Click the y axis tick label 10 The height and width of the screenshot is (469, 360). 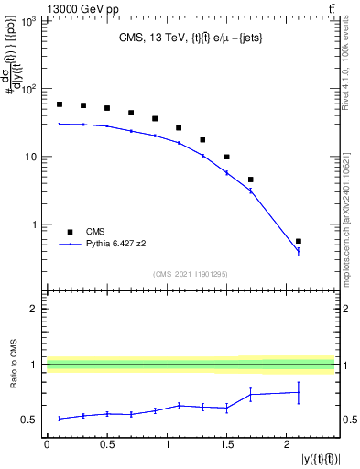pyautogui.click(x=30, y=157)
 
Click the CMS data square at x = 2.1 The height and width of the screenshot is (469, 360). pyautogui.click(x=299, y=241)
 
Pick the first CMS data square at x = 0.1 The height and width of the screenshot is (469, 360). pyautogui.click(x=60, y=104)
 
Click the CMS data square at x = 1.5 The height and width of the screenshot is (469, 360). pyautogui.click(x=226, y=157)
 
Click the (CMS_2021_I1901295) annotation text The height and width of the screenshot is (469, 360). pyautogui.click(x=191, y=274)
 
